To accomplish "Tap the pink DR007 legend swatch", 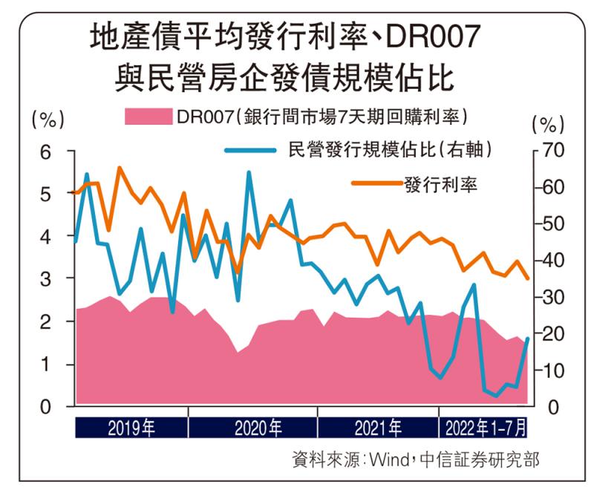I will pyautogui.click(x=148, y=117).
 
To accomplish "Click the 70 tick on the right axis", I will pyautogui.click(x=553, y=151).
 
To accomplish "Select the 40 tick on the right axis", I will pyautogui.click(x=553, y=261).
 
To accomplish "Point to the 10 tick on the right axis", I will pyautogui.click(x=553, y=370).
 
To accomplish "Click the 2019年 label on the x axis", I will pyautogui.click(x=131, y=428).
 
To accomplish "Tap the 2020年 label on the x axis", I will pyautogui.click(x=258, y=428).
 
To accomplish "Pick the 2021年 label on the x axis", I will pyautogui.click(x=378, y=428).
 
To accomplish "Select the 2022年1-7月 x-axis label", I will pyautogui.click(x=486, y=428).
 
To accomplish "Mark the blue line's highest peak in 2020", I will pyautogui.click(x=249, y=173).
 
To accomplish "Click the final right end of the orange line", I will pyautogui.click(x=528, y=279).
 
